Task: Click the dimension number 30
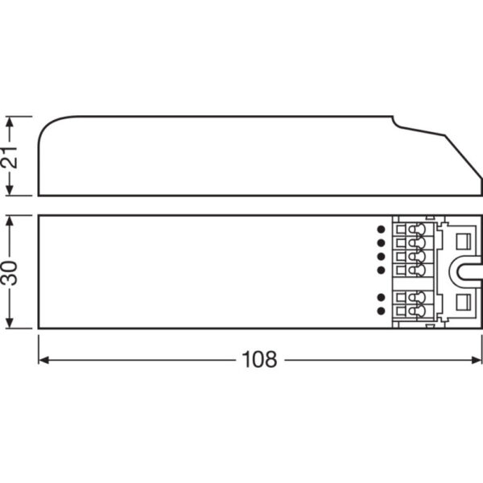(10, 271)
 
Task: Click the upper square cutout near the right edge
(464, 240)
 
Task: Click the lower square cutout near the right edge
(464, 303)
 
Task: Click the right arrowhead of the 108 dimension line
(478, 360)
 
